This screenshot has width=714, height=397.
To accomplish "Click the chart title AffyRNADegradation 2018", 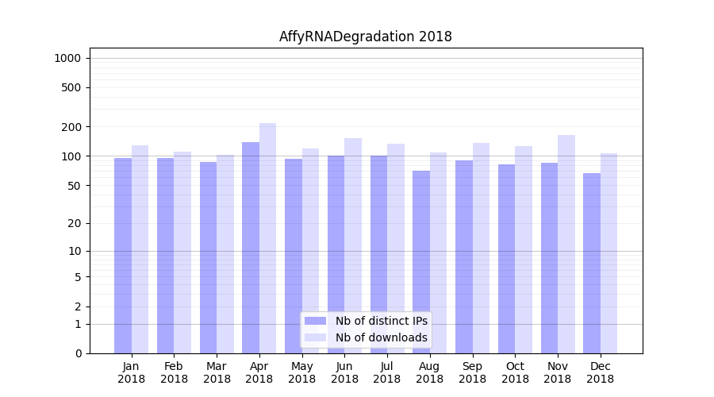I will point(365,37).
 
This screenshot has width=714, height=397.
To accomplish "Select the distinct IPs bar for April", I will point(251,248).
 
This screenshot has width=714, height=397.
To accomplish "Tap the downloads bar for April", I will point(268,238).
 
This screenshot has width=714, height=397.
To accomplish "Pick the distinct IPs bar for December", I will point(592,263).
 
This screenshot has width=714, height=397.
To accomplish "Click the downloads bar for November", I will point(566,244).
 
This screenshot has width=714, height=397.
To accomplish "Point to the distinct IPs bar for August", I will point(421,262).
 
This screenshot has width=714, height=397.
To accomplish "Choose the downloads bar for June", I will point(353,245).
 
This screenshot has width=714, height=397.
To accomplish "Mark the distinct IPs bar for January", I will point(123,256).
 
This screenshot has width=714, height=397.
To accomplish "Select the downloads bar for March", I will point(225,254).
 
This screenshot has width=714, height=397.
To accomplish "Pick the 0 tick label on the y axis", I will point(78,353).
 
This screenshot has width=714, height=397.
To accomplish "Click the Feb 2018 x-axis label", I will point(174,372).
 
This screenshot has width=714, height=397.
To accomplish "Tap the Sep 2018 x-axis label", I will point(472,372).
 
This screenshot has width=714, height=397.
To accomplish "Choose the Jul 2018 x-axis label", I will point(387,372).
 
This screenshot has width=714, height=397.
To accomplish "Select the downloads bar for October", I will point(524,249).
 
